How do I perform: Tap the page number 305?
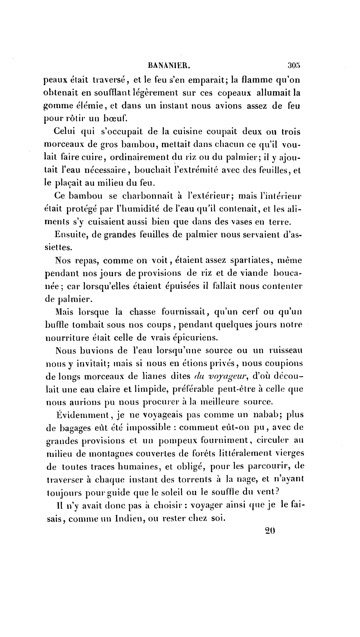[x=296, y=65]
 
